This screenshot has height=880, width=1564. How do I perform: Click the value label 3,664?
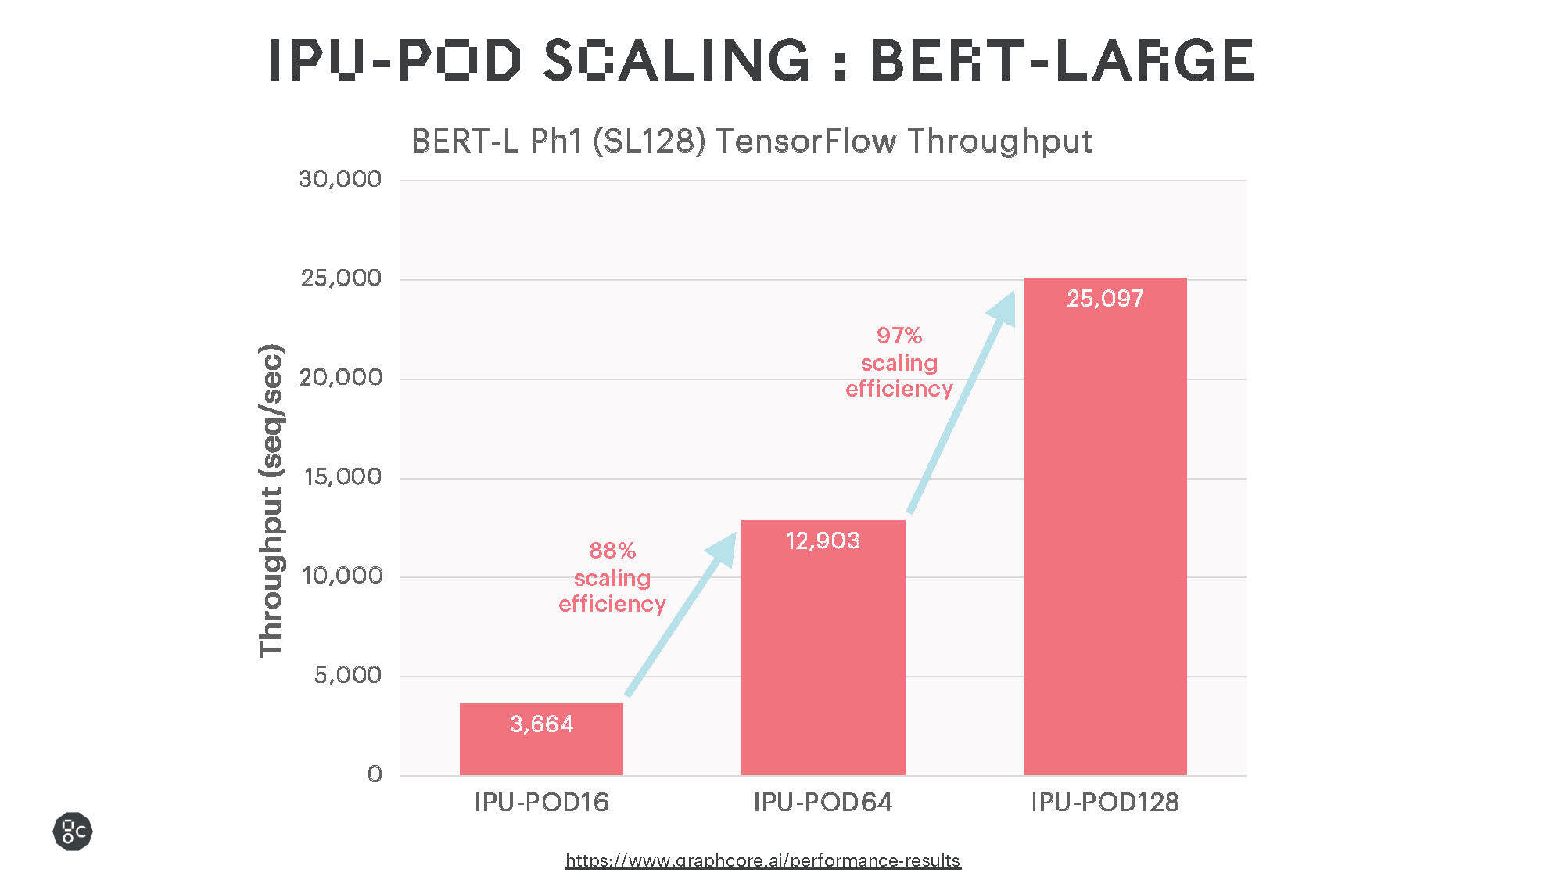pyautogui.click(x=541, y=724)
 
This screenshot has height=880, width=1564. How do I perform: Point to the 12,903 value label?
pyautogui.click(x=823, y=541)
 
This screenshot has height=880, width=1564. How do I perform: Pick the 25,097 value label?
pyautogui.click(x=1104, y=298)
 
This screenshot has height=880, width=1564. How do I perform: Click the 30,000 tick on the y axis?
pyautogui.click(x=339, y=179)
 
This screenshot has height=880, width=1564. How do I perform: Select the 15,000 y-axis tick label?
pyautogui.click(x=342, y=476)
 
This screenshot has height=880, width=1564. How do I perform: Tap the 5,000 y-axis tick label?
pyautogui.click(x=347, y=674)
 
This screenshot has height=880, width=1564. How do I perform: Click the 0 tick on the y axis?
pyautogui.click(x=375, y=774)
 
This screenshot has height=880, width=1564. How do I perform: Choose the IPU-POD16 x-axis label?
pyautogui.click(x=541, y=802)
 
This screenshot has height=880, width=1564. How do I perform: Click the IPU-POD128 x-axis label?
pyautogui.click(x=1104, y=802)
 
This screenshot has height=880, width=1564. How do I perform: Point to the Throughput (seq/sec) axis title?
pyautogui.click(x=271, y=501)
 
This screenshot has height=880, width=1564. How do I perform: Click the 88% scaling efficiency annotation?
pyautogui.click(x=612, y=577)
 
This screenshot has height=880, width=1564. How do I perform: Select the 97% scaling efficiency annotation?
pyautogui.click(x=899, y=362)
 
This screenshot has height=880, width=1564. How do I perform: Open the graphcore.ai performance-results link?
pyautogui.click(x=762, y=860)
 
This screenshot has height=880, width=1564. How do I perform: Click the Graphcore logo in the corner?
pyautogui.click(x=73, y=831)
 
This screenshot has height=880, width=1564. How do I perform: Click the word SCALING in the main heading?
pyautogui.click(x=677, y=60)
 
